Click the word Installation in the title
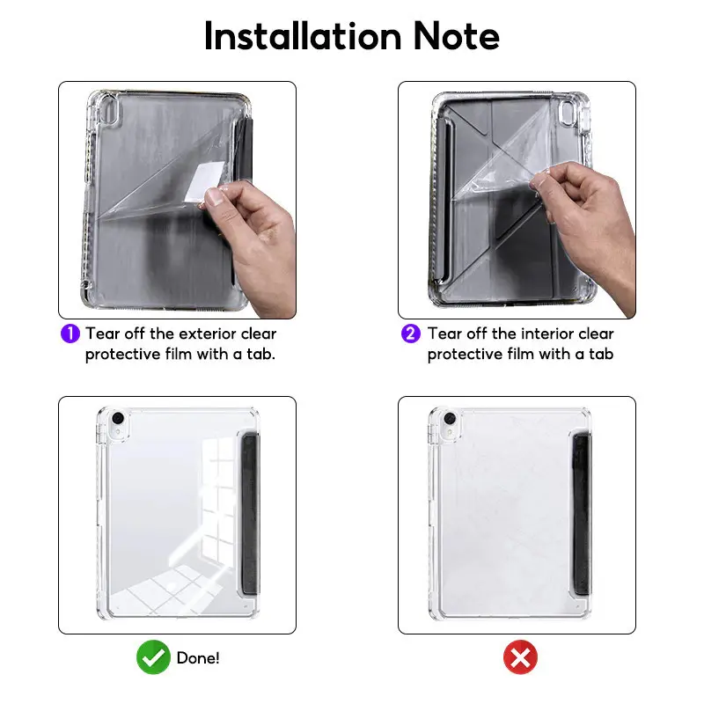pyautogui.click(x=303, y=36)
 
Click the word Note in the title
pyautogui.click(x=456, y=36)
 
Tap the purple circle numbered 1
pyautogui.click(x=70, y=334)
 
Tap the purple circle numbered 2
pyautogui.click(x=411, y=334)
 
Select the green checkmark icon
pyautogui.click(x=153, y=657)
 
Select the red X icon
pyautogui.click(x=520, y=657)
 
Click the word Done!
pyautogui.click(x=198, y=658)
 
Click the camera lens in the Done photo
pyautogui.click(x=118, y=419)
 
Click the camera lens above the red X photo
pyautogui.click(x=450, y=419)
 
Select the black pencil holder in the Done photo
pyautogui.click(x=250, y=514)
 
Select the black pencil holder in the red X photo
pyautogui.click(x=582, y=514)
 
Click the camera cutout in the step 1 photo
pyautogui.click(x=108, y=111)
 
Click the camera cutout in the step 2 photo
pyautogui.click(x=568, y=113)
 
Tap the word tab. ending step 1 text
pyautogui.click(x=260, y=354)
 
